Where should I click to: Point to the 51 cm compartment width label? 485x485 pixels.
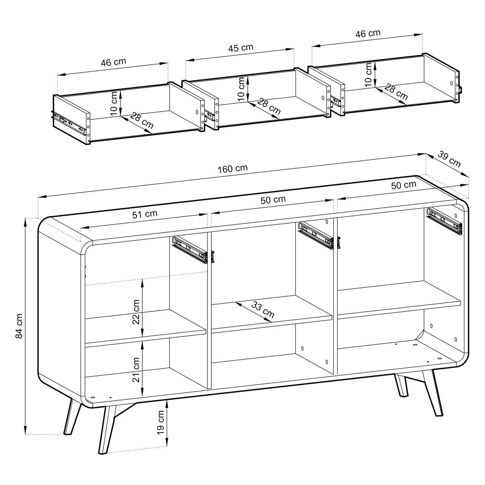point(145,214)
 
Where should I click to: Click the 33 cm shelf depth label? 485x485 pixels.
point(263,310)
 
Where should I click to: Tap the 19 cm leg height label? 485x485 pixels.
point(161,423)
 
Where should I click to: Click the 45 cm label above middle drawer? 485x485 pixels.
point(241,47)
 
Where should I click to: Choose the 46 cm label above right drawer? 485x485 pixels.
point(368,34)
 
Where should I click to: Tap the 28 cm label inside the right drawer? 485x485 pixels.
point(396,93)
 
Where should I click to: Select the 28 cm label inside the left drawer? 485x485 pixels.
point(141,122)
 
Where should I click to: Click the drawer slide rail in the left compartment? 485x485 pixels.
point(190,249)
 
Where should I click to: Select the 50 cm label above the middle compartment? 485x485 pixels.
point(273,199)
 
